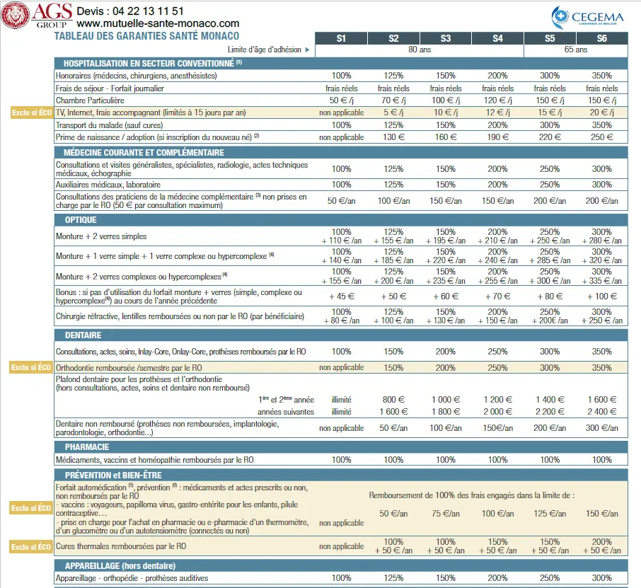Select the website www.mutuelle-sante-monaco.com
pos(163,23)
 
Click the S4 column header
pos(497,38)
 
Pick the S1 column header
pos(341,38)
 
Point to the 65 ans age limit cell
pos(576,50)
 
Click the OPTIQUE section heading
pos(81,220)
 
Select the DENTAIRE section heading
pos(83,335)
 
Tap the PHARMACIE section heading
pos(86,447)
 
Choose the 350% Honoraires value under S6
pos(601,76)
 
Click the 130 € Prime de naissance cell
pos(393,137)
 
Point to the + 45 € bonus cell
pos(341,296)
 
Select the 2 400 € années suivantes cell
pos(601,411)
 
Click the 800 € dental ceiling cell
pos(393,400)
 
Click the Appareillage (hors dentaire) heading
pos(120,565)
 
